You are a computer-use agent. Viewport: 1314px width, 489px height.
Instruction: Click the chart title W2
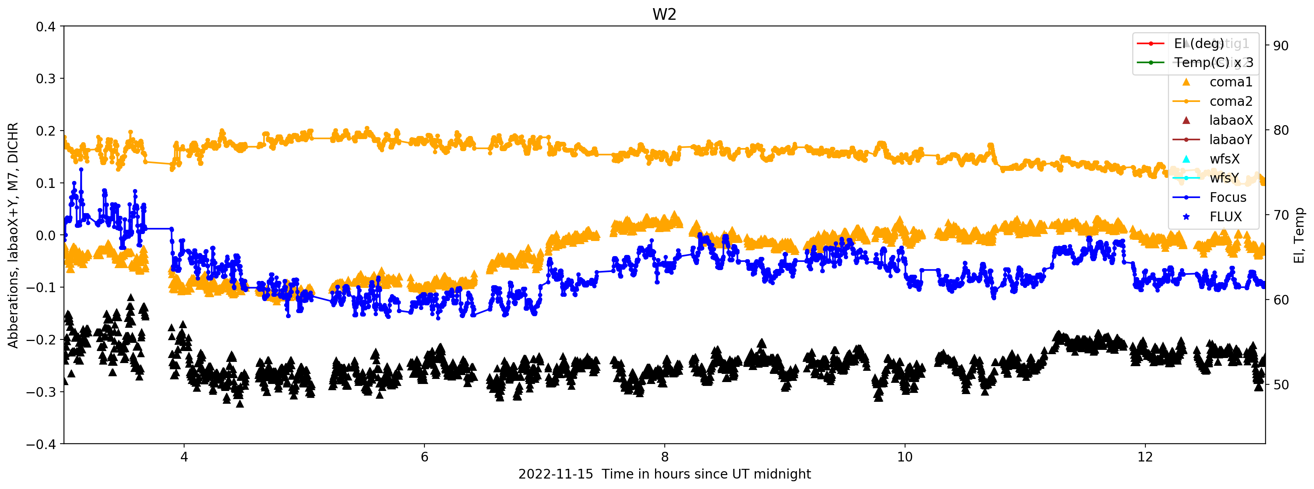coord(664,14)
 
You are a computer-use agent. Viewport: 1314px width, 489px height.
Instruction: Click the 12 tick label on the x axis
coord(1145,457)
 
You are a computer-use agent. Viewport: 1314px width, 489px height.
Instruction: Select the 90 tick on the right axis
coord(1280,46)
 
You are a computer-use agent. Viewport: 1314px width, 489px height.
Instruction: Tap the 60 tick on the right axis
coord(1280,300)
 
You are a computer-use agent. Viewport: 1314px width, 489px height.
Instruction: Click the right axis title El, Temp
coord(1299,235)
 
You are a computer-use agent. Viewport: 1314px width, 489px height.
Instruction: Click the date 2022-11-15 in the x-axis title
coord(555,474)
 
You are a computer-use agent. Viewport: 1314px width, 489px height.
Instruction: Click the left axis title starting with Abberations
coord(13,235)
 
